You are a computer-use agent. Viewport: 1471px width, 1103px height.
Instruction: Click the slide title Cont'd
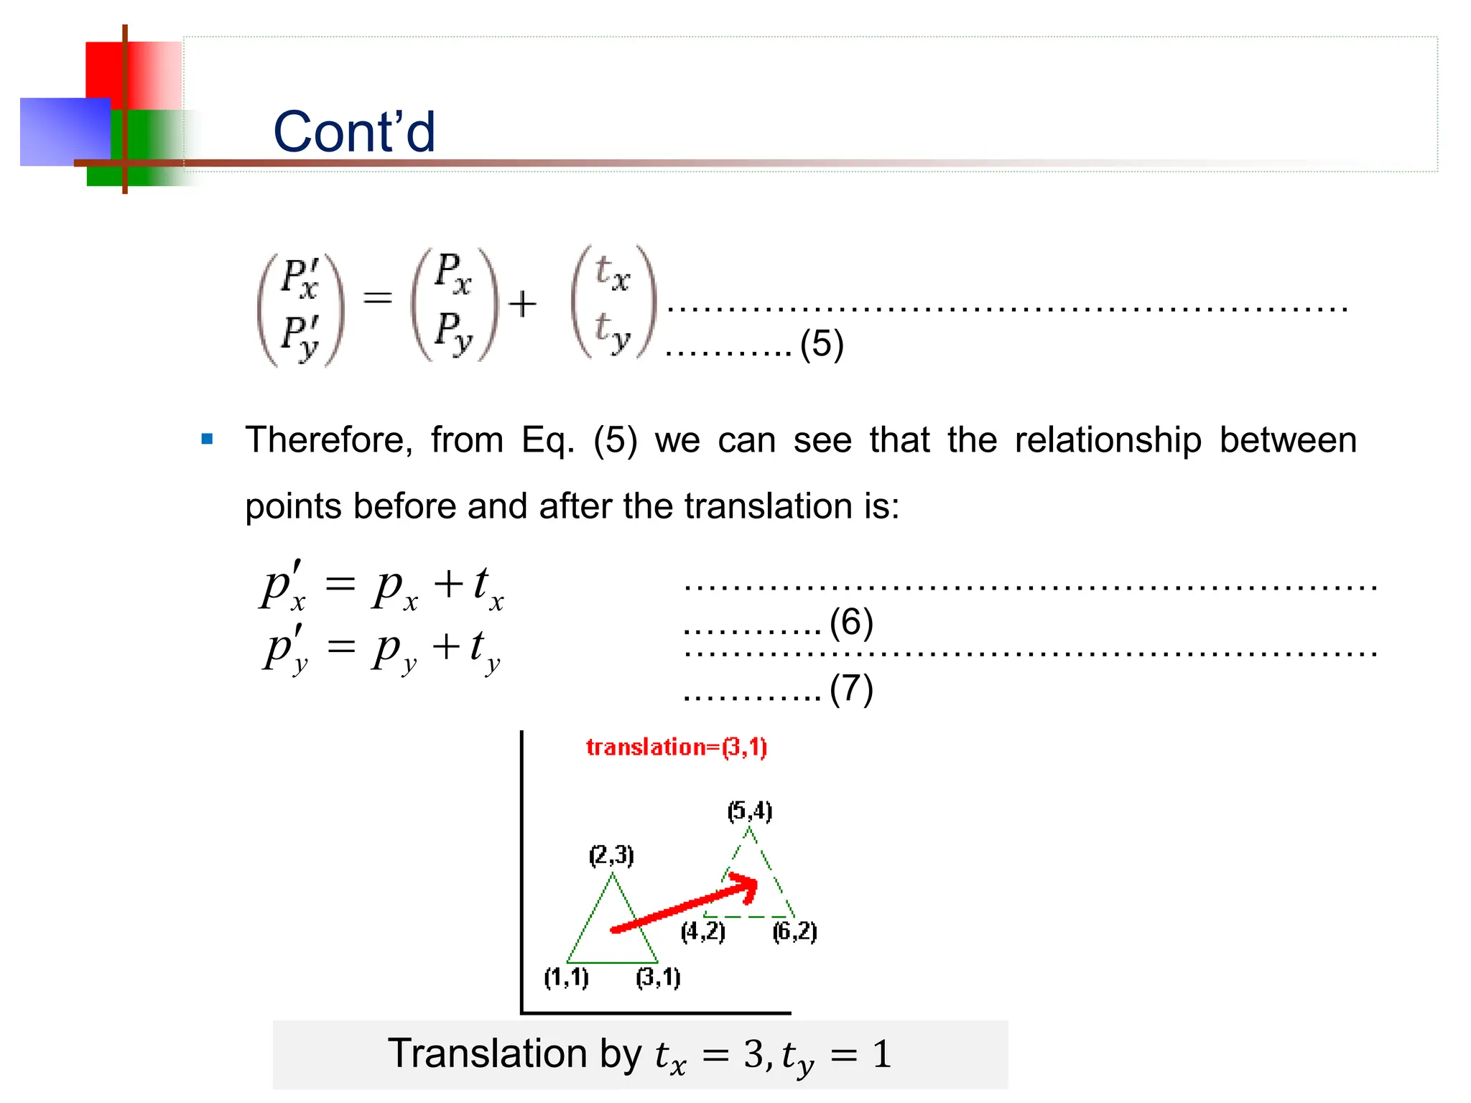[x=354, y=132]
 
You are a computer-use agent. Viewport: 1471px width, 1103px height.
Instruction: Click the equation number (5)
[x=822, y=344]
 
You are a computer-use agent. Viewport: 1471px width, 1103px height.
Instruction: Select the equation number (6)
[x=851, y=622]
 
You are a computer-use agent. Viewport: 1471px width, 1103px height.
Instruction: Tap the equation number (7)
[x=851, y=689]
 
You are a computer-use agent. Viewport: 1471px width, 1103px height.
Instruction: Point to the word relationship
[x=1108, y=439]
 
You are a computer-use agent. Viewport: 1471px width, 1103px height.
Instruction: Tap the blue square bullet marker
[x=208, y=439]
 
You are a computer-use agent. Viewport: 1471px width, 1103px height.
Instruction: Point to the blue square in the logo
[x=65, y=132]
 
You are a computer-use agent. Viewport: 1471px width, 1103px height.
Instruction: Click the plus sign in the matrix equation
[x=523, y=304]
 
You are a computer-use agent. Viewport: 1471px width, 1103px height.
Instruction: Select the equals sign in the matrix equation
[x=378, y=297]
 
